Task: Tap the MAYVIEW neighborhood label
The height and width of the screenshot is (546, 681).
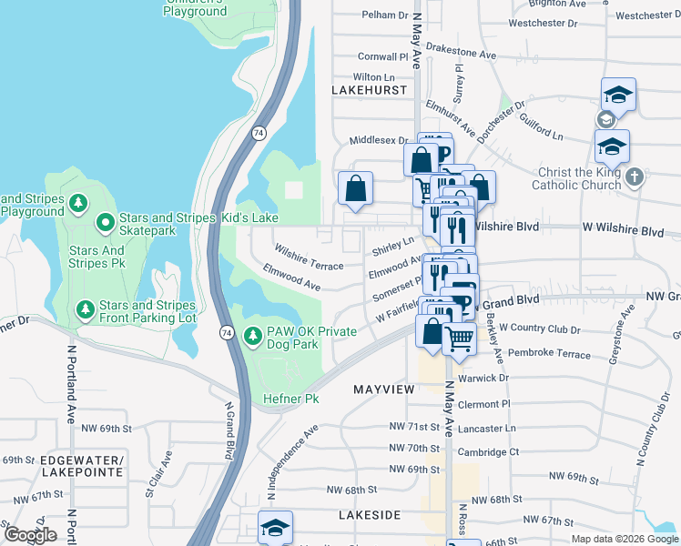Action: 383,389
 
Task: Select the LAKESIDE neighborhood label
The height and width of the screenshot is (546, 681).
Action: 370,515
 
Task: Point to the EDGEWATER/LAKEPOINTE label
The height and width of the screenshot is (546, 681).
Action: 81,468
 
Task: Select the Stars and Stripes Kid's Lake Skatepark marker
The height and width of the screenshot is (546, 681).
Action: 106,220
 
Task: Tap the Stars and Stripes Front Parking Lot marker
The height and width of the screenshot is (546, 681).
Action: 85,311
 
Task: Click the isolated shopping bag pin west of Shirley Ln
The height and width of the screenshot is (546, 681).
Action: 356,189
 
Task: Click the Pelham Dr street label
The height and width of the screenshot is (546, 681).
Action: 385,15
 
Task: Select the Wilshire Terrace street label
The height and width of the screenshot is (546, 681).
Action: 310,258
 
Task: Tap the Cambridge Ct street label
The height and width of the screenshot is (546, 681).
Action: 489,452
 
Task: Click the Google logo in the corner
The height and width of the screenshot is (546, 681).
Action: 31,535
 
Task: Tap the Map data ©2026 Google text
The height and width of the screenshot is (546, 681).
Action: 625,539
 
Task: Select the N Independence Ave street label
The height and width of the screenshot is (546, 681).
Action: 289,460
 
